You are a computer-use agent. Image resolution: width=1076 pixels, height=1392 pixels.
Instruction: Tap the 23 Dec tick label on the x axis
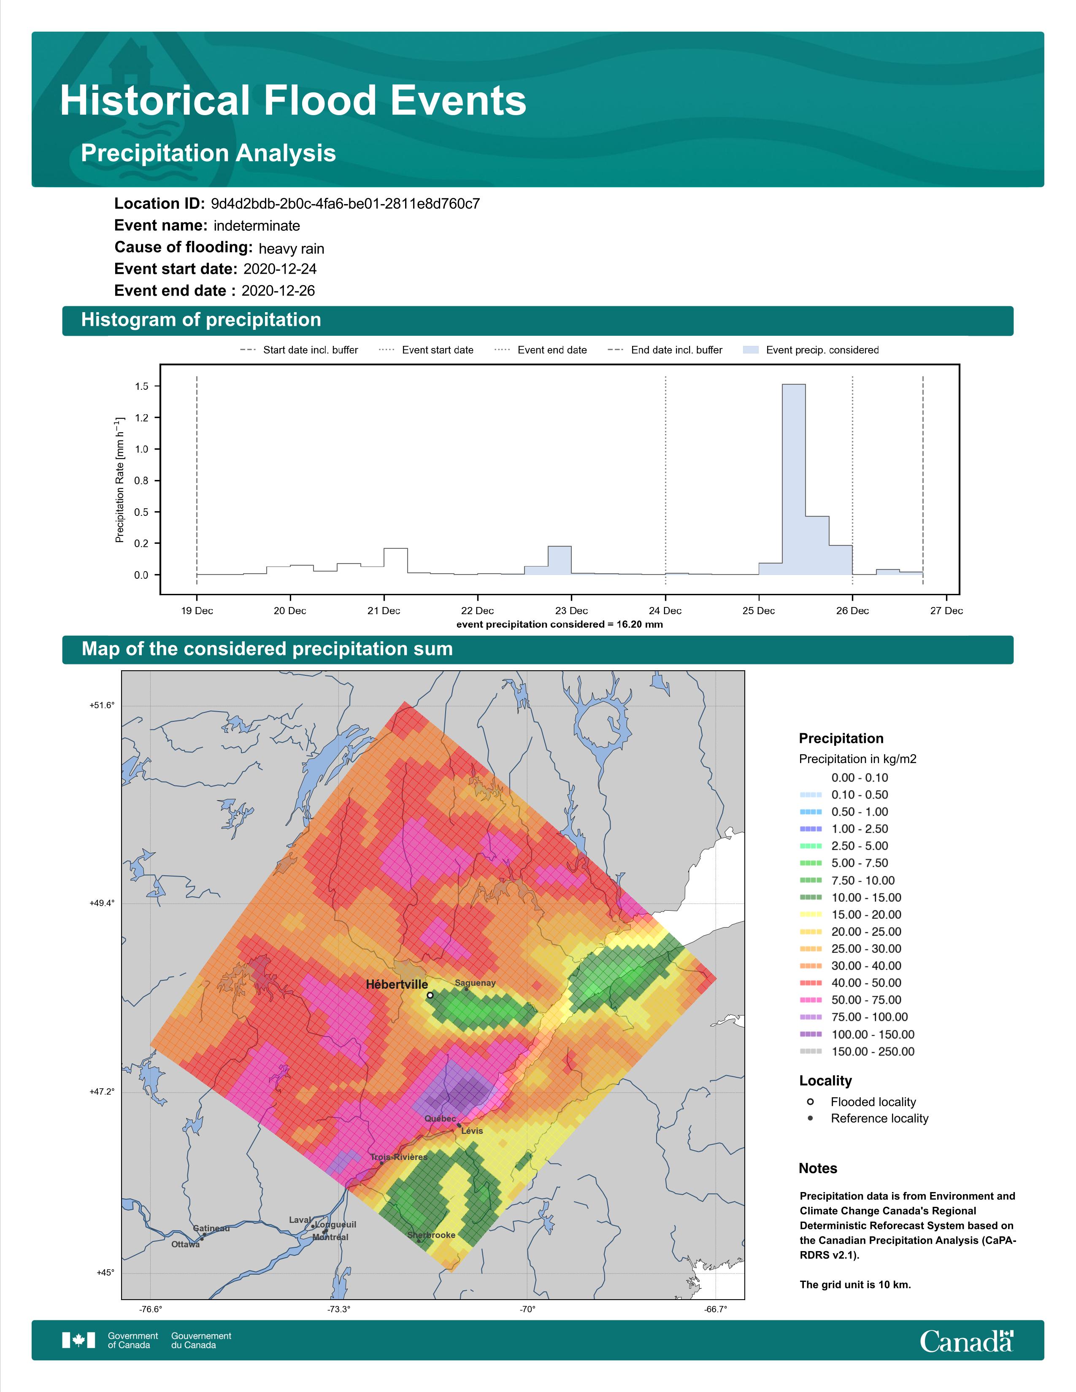pos(571,611)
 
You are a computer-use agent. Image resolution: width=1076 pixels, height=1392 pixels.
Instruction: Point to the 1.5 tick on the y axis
pos(141,386)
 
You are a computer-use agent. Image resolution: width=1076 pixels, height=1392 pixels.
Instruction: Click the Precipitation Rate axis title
pos(119,480)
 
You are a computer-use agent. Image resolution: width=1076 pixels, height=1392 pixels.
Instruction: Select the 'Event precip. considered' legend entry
pos(811,350)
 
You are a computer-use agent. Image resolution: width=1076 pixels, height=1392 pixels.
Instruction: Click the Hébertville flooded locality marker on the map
pos(430,995)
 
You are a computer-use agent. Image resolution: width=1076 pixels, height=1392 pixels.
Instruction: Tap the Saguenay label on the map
pos(475,983)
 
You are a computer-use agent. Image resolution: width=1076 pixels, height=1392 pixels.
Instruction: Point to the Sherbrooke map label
pos(432,1235)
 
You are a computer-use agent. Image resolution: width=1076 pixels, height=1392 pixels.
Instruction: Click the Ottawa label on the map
pos(186,1244)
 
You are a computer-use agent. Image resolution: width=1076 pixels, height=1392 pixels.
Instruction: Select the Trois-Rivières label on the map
pos(399,1157)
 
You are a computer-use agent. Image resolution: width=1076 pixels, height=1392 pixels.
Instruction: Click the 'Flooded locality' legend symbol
pos(810,1102)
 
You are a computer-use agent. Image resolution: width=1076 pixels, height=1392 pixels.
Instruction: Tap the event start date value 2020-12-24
pos(280,269)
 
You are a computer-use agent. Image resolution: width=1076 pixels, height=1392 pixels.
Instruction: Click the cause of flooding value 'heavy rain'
pos(291,248)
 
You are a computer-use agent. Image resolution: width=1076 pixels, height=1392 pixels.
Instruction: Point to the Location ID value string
pos(346,204)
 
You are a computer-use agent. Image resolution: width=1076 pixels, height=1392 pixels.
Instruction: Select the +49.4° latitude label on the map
pos(102,903)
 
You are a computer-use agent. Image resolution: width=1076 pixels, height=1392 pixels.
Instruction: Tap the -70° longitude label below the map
pos(527,1309)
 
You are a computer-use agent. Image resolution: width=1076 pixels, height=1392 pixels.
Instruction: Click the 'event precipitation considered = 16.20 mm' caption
pos(560,625)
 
